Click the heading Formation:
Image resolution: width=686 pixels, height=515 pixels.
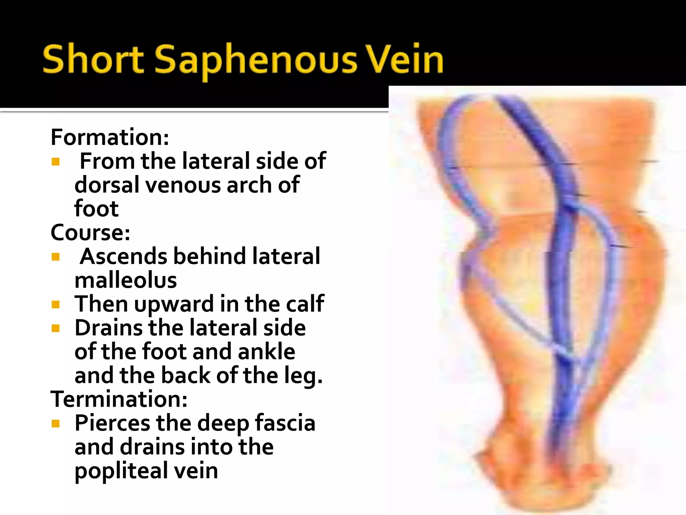[110, 137]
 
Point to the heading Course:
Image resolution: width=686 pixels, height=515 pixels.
[90, 232]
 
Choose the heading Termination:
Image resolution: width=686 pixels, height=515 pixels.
[119, 399]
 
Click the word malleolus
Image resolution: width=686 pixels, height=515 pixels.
[126, 280]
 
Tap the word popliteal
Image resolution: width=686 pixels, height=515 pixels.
[121, 471]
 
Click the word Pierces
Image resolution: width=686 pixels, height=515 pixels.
[112, 423]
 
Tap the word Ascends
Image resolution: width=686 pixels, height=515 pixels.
[124, 256]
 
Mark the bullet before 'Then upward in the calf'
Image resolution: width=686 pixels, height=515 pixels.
[56, 304]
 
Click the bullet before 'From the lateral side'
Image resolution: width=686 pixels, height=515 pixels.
[56, 162]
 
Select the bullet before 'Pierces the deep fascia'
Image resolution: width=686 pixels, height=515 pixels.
[56, 424]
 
